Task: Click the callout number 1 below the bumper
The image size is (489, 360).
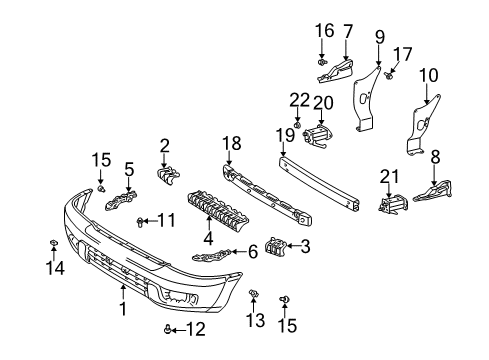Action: click(123, 309)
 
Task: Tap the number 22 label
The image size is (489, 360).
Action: click(299, 100)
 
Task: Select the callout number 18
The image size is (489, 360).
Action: click(232, 143)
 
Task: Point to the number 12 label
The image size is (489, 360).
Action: click(195, 329)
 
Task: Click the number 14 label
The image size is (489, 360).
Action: click(55, 268)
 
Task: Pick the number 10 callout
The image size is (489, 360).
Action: click(429, 75)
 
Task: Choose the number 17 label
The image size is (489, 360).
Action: click(403, 54)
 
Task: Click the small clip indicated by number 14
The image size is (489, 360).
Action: click(53, 243)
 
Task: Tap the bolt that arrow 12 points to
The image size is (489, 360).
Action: click(168, 330)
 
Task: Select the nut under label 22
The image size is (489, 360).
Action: click(297, 125)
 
